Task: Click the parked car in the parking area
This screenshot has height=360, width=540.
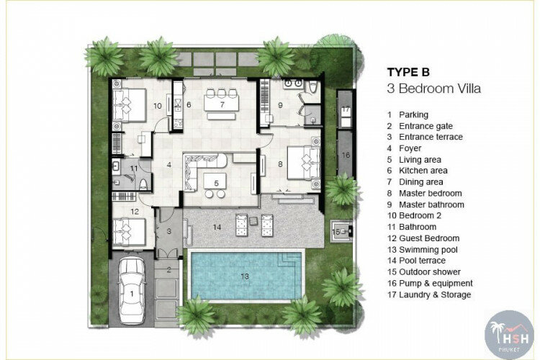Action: (x=132, y=291)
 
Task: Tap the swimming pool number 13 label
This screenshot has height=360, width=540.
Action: (x=245, y=276)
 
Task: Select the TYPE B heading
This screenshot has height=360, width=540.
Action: (x=408, y=72)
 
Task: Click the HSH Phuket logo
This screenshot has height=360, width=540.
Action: (x=508, y=335)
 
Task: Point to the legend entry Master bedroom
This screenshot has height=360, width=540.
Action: (x=424, y=193)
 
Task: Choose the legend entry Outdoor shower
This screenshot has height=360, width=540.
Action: (x=424, y=272)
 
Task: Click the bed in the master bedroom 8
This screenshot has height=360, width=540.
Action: (x=303, y=163)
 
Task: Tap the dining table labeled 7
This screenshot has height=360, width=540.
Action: (x=221, y=104)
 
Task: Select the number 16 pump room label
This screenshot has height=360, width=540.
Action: (x=346, y=155)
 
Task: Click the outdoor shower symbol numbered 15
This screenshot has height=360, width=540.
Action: (x=341, y=231)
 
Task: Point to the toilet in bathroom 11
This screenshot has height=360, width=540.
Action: (x=143, y=184)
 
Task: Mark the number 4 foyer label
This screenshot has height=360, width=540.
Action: (x=169, y=165)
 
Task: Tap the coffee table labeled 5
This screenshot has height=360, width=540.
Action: (x=215, y=181)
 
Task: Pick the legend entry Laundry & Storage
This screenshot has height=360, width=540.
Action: (x=429, y=294)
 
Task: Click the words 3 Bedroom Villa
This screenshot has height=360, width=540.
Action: (x=433, y=89)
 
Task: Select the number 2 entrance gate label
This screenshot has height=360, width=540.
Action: (x=168, y=270)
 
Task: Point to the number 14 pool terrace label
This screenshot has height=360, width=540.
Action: (x=217, y=227)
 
